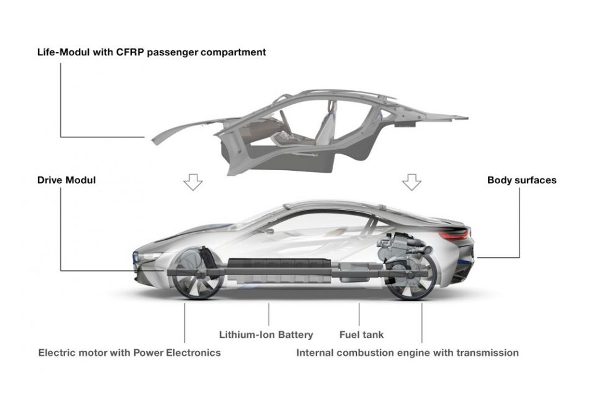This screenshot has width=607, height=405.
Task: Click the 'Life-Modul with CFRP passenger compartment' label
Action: click(x=151, y=52)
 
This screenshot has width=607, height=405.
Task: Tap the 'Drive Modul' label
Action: click(x=66, y=180)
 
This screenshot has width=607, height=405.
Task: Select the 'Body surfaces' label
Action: click(x=521, y=180)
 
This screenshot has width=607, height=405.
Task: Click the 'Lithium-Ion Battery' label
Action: click(x=266, y=334)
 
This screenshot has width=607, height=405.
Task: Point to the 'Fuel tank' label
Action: click(x=361, y=334)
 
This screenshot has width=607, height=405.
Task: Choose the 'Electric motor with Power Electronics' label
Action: click(x=129, y=353)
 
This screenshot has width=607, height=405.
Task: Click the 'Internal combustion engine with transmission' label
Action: click(x=407, y=353)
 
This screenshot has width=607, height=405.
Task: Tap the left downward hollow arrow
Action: click(x=193, y=182)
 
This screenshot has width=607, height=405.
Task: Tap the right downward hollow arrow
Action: click(x=411, y=182)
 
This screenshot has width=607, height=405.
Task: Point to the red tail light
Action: click(x=456, y=234)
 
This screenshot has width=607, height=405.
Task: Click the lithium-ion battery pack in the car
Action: click(x=279, y=271)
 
